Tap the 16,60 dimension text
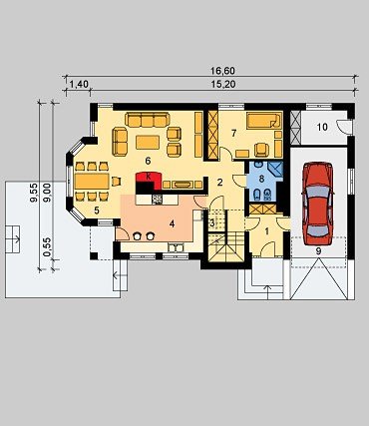(x=222, y=71)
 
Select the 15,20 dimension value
(x=223, y=85)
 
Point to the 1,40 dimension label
(x=80, y=85)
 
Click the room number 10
(x=322, y=127)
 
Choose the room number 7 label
(x=233, y=134)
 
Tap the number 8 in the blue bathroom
(x=261, y=179)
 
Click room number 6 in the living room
(x=148, y=161)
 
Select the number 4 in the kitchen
(x=172, y=224)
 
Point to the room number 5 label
(x=97, y=211)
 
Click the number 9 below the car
(x=318, y=251)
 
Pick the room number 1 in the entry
(x=267, y=231)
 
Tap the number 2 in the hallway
(x=219, y=183)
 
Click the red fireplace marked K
(x=149, y=180)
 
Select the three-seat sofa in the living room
(x=148, y=120)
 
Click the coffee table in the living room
(x=148, y=142)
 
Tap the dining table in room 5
(x=92, y=182)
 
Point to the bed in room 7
(x=263, y=121)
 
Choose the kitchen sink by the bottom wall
(x=176, y=247)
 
